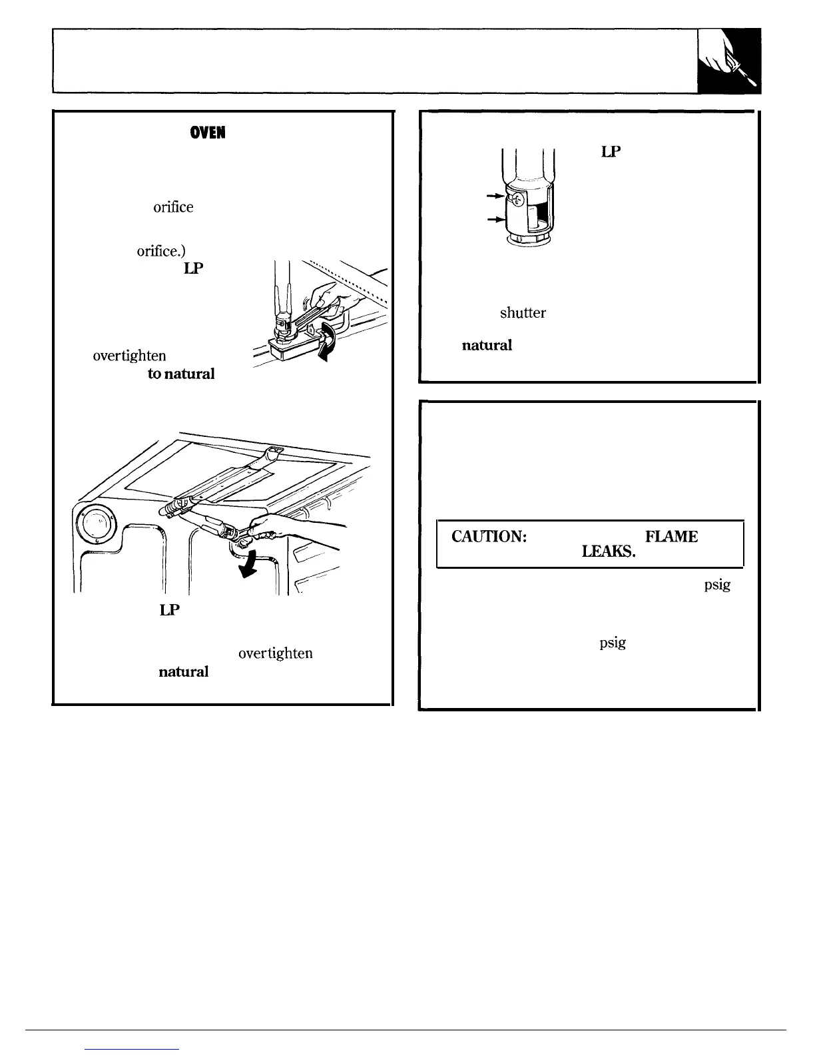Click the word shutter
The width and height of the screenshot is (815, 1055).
(523, 313)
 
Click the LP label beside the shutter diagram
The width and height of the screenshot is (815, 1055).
(611, 152)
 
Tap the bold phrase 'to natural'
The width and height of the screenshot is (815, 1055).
(181, 374)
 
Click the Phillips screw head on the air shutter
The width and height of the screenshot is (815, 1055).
(517, 198)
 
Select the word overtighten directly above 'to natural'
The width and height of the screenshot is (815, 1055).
(125, 356)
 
